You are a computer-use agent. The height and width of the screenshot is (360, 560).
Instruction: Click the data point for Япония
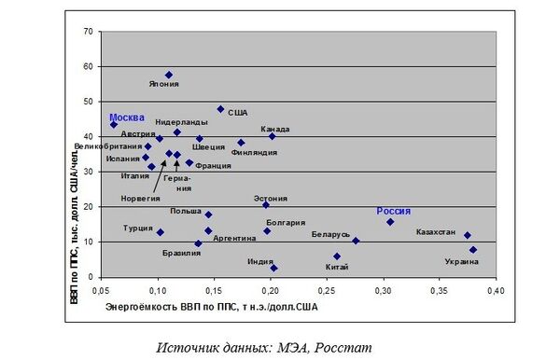click(x=169, y=75)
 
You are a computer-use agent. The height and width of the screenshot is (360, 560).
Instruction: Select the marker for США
click(x=221, y=109)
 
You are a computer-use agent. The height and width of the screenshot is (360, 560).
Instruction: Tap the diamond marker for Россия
click(x=390, y=222)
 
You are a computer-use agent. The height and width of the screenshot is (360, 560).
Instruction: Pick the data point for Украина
click(x=473, y=250)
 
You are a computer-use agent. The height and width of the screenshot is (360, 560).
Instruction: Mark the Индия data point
click(x=273, y=269)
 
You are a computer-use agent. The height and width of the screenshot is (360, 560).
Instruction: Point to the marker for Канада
click(x=273, y=136)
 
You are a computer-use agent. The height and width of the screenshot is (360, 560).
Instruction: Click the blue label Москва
click(x=127, y=118)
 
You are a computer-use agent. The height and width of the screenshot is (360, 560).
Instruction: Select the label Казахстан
click(x=436, y=232)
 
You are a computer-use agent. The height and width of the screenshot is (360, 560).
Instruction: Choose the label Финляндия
click(x=254, y=152)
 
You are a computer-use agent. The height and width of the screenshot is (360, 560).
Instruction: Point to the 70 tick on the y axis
click(x=89, y=32)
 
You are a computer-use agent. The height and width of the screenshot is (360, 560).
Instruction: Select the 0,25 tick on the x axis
click(x=327, y=291)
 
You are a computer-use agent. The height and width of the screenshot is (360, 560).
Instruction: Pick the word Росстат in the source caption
click(x=343, y=348)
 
